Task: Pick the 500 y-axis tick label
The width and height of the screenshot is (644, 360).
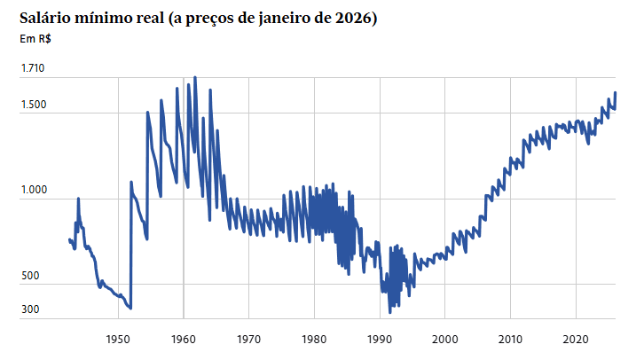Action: click(x=30, y=277)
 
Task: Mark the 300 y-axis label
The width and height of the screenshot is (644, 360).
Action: click(x=30, y=309)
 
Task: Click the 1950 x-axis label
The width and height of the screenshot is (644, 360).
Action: click(x=118, y=339)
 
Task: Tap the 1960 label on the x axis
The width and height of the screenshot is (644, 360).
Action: click(x=184, y=339)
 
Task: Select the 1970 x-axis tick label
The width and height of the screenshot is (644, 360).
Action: click(x=249, y=339)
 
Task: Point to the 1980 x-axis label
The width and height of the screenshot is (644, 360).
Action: click(x=314, y=339)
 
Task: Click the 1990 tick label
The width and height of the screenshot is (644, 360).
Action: click(x=380, y=339)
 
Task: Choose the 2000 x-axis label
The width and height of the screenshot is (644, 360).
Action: click(x=445, y=339)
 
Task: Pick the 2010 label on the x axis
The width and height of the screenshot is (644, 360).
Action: click(x=510, y=339)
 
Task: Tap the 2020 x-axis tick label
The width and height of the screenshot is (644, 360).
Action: click(x=576, y=339)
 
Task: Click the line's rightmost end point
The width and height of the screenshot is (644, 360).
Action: click(x=616, y=93)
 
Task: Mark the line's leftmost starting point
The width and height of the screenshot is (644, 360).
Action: click(x=69, y=239)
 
